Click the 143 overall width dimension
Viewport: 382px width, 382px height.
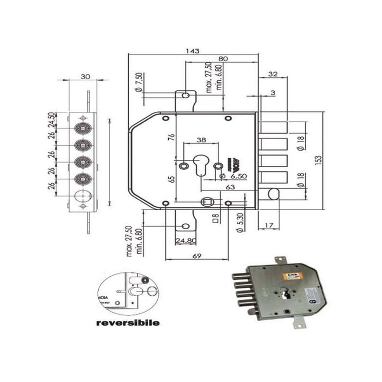pos(192,50)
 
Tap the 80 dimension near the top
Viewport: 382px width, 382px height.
pos(223,59)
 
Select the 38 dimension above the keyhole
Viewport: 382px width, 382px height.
pos(201,140)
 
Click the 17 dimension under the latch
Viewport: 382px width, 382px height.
pos(268,224)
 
